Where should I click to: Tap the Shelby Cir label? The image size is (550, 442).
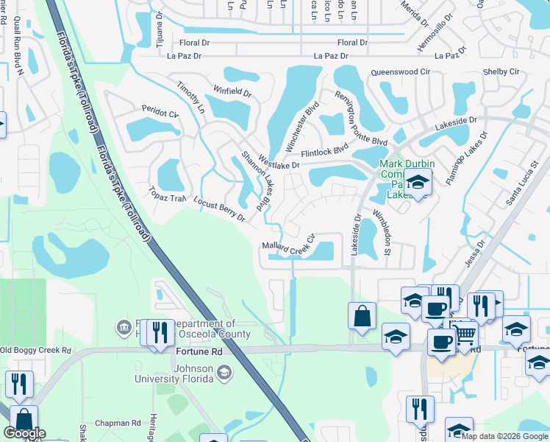pos(501,71)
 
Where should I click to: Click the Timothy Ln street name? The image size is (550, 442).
pos(190,97)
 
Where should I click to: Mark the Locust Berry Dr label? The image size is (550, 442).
pos(218,208)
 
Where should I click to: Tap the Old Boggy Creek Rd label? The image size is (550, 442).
pos(35,350)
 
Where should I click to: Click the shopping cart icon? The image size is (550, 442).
pos(464,334)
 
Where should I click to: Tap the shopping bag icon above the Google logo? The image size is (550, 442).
pos(24,418)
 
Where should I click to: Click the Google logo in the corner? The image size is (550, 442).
pos(24,433)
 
